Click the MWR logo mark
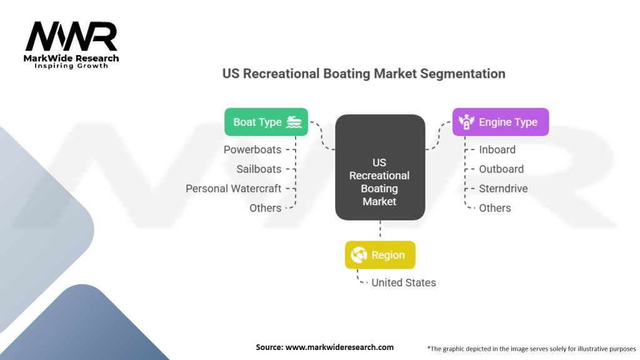pyautogui.click(x=71, y=37)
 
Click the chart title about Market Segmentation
pyautogui.click(x=364, y=74)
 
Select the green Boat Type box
pyautogui.click(x=266, y=122)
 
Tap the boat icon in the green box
pyautogui.click(x=294, y=122)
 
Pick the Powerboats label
pyautogui.click(x=252, y=150)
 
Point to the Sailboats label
pyautogui.click(x=259, y=169)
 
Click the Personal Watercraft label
pyautogui.click(x=234, y=189)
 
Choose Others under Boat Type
pyautogui.click(x=265, y=208)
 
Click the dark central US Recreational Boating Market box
pyautogui.click(x=380, y=167)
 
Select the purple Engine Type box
pyautogui.click(x=501, y=122)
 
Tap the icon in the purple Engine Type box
pyautogui.click(x=466, y=122)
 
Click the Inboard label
pyautogui.click(x=497, y=150)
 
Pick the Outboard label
pyautogui.click(x=501, y=169)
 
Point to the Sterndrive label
pyautogui.click(x=503, y=189)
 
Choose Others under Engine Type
pyautogui.click(x=495, y=208)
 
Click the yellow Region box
pyautogui.click(x=380, y=255)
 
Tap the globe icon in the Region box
pyautogui.click(x=359, y=255)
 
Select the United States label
pyautogui.click(x=404, y=282)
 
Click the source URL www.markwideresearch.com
pyautogui.click(x=339, y=347)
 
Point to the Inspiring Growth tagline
pyautogui.click(x=71, y=66)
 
